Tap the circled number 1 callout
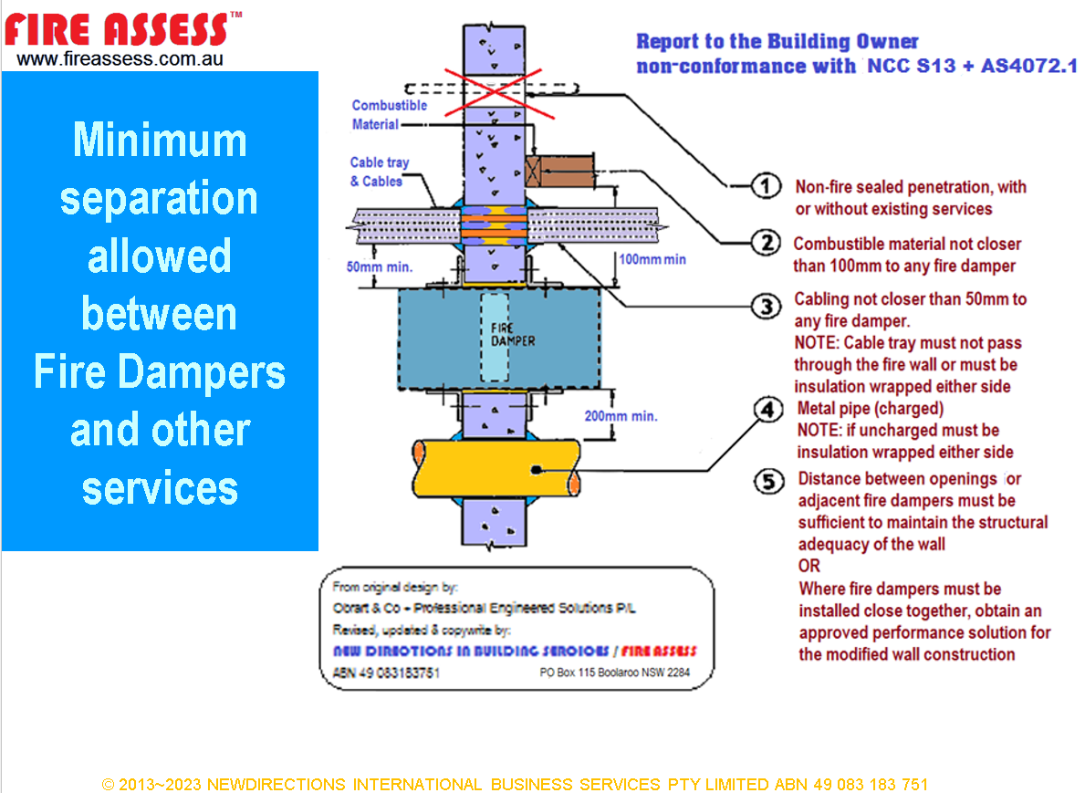(766, 187)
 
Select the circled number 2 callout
(766, 243)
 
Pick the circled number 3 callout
(766, 307)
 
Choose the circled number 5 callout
(768, 480)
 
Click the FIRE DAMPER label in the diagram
(498, 335)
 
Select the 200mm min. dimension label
(621, 416)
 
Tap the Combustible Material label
(389, 115)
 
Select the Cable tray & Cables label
(380, 172)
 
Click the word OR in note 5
(809, 566)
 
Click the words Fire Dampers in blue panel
(160, 371)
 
